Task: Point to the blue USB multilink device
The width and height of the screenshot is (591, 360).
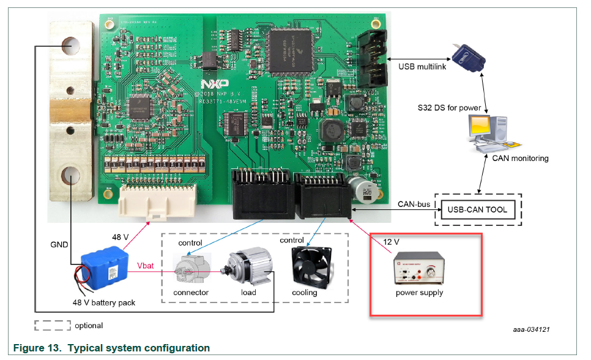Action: tap(469, 58)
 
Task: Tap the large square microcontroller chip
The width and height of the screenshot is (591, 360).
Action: tap(291, 47)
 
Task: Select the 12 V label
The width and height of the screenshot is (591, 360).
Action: tap(390, 242)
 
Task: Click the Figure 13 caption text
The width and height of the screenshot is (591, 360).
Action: tap(111, 348)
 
